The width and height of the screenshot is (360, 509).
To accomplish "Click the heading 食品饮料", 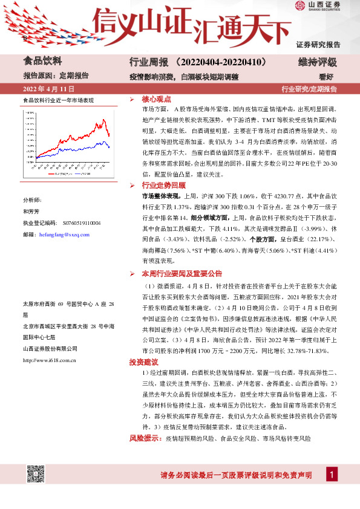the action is (x=42, y=60).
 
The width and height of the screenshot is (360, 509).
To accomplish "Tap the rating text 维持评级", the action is (x=317, y=62).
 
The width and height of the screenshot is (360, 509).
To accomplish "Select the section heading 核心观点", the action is (x=157, y=99).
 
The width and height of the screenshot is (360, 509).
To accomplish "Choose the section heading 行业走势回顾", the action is (x=163, y=185).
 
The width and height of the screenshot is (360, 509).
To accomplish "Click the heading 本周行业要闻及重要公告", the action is (x=182, y=273).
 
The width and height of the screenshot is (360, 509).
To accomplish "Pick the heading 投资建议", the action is (x=143, y=361).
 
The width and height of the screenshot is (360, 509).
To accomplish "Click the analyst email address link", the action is (x=64, y=234).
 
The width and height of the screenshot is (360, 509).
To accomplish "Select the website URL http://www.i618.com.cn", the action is (x=49, y=360).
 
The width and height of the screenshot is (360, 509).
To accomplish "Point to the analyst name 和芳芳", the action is (x=31, y=212).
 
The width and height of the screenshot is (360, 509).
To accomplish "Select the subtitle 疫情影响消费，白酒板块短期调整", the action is (x=184, y=77).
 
